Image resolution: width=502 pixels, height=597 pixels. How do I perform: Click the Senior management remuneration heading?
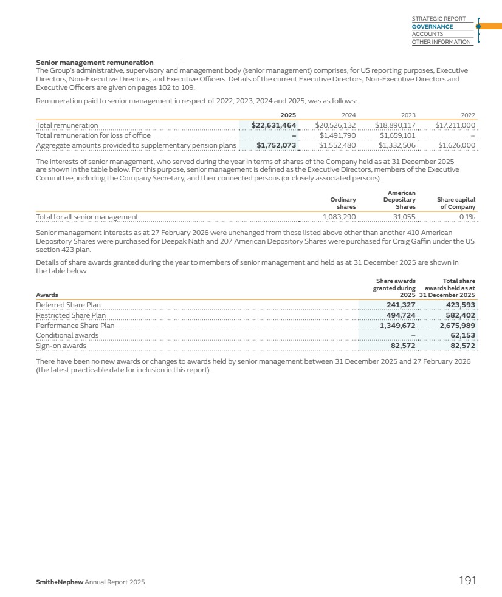[x=94, y=63]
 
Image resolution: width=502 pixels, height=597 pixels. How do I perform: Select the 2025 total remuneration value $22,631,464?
[x=273, y=125]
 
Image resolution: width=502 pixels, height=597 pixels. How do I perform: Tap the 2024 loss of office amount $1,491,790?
[x=337, y=135]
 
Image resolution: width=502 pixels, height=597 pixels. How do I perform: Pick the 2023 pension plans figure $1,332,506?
[x=397, y=145]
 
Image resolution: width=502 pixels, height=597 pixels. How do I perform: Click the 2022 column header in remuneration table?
[x=468, y=115]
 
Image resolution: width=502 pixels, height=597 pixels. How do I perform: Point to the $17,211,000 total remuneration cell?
[x=455, y=125]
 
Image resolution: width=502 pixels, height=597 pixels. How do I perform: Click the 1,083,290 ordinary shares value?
[x=339, y=217]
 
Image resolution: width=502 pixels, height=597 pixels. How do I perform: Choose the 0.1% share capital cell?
[x=467, y=217]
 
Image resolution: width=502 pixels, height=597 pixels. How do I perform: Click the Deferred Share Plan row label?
[x=68, y=305]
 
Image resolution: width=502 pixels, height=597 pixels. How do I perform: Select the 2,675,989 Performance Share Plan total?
[x=457, y=326]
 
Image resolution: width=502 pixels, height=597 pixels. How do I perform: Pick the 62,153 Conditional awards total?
[x=462, y=335]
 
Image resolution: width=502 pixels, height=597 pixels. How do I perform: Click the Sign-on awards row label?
[x=61, y=346]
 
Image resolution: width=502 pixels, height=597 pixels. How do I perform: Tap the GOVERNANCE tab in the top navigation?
[x=432, y=27]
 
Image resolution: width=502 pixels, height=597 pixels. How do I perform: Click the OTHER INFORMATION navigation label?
[x=441, y=42]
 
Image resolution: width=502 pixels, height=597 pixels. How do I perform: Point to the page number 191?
[x=467, y=581]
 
